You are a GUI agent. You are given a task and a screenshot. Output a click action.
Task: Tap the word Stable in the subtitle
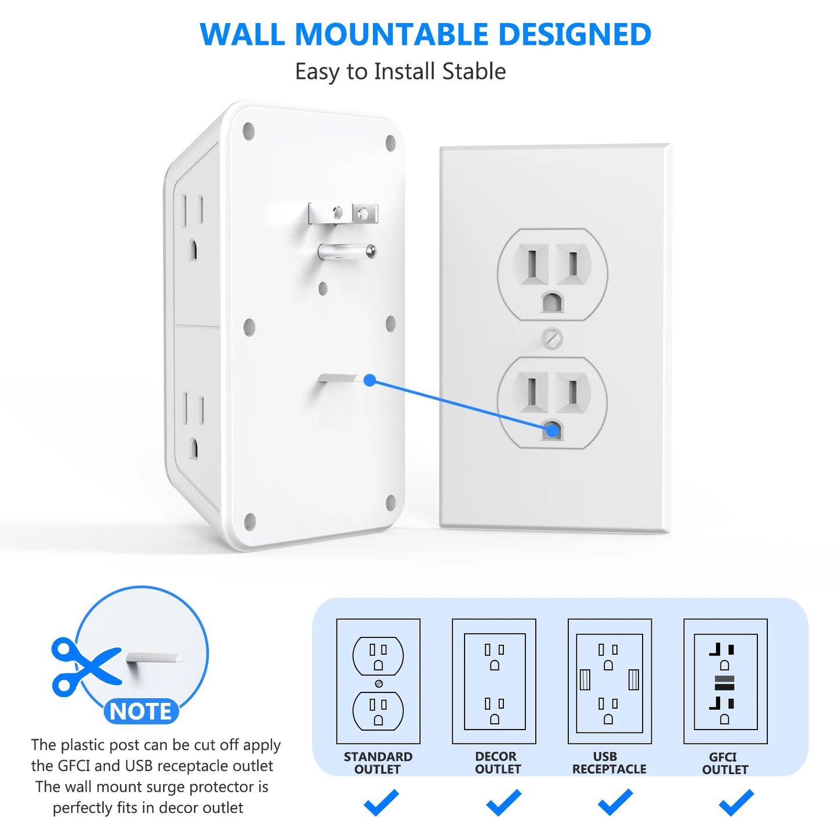click(474, 71)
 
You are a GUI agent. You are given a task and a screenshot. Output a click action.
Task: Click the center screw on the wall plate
click(552, 339)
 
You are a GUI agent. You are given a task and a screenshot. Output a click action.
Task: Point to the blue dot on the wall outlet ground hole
click(553, 430)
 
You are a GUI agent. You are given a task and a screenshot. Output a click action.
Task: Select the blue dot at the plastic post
click(370, 380)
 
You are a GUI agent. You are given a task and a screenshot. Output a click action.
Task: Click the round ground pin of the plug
click(347, 252)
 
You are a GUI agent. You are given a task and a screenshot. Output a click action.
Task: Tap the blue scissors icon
click(85, 667)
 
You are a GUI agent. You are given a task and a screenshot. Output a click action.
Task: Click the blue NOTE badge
click(140, 711)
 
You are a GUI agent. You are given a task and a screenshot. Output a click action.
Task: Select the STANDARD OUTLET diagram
click(378, 681)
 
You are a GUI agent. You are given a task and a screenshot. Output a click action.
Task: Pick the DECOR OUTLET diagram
click(494, 681)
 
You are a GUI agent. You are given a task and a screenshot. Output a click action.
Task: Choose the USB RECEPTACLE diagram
click(610, 681)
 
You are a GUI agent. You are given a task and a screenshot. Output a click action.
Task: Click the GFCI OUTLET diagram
click(725, 681)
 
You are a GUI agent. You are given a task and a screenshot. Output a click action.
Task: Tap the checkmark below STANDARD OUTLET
click(381, 802)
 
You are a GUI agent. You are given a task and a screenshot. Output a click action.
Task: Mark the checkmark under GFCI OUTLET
click(736, 802)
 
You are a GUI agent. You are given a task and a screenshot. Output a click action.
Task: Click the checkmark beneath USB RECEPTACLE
click(615, 802)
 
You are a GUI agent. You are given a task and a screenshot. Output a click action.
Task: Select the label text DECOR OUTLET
click(498, 763)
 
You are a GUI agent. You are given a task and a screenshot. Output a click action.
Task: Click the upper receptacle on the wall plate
click(552, 274)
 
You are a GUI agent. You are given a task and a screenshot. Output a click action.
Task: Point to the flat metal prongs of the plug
click(343, 213)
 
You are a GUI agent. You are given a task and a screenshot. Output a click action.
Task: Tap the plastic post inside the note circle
click(154, 658)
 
